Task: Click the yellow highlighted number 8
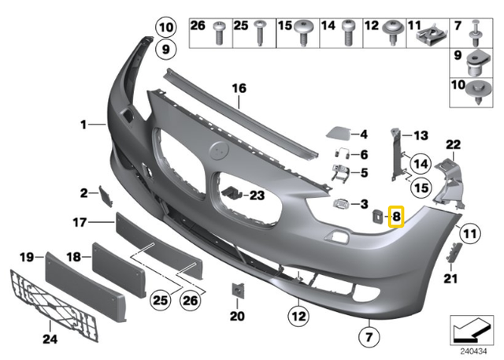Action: pos(396,215)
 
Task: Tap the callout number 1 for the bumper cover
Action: pos(81,124)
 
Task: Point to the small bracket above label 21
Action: pos(454,254)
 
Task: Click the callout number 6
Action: pos(365,154)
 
